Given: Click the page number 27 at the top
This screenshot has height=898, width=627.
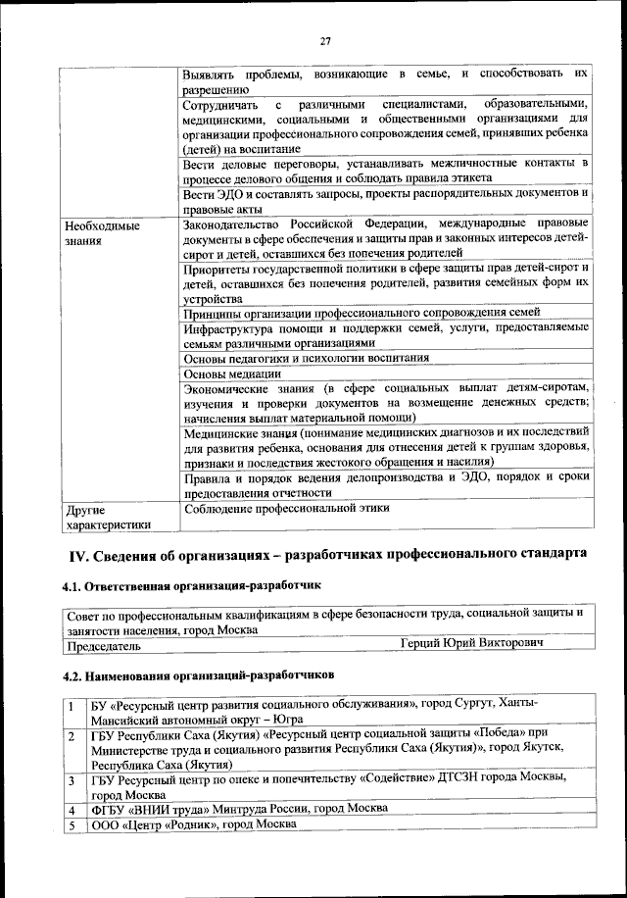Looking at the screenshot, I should click(325, 41).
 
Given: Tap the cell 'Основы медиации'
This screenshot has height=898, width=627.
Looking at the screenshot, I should click(232, 373).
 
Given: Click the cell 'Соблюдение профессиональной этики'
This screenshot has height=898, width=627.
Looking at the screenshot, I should click(286, 508).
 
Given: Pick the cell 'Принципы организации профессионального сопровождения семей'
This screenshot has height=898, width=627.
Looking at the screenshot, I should click(362, 313).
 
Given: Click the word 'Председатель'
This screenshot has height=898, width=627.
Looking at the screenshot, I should click(104, 647).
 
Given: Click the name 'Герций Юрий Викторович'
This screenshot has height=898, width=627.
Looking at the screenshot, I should click(472, 643).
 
